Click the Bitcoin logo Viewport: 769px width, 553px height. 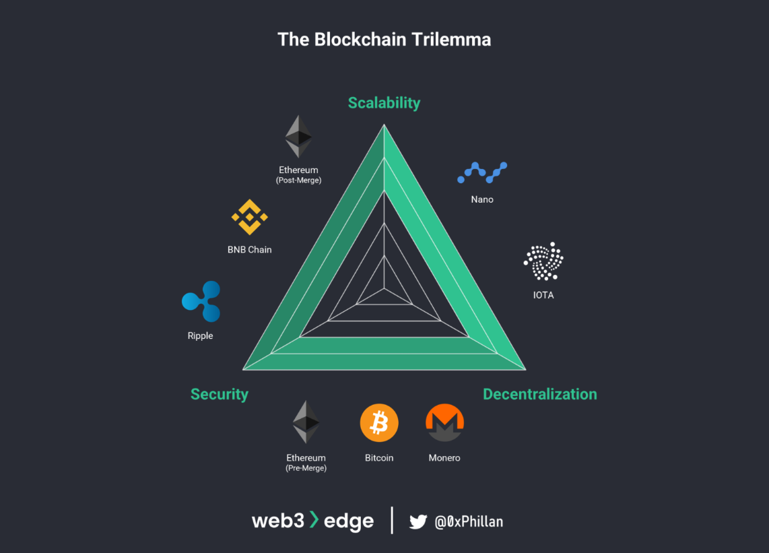pyautogui.click(x=379, y=423)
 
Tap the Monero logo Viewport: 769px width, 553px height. pyautogui.click(x=444, y=423)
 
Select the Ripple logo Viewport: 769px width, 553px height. pyautogui.click(x=201, y=301)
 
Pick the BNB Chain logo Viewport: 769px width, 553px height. pyautogui.click(x=250, y=217)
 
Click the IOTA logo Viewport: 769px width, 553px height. pyautogui.click(x=543, y=261)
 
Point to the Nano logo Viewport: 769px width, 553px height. pyautogui.click(x=482, y=172)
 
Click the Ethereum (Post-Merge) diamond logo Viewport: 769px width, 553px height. pyautogui.click(x=298, y=136)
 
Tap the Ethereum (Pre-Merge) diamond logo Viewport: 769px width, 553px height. pyautogui.click(x=306, y=422)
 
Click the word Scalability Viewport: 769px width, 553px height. pyautogui.click(x=384, y=103)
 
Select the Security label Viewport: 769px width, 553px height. pyautogui.click(x=220, y=394)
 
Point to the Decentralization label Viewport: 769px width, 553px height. pyautogui.click(x=540, y=394)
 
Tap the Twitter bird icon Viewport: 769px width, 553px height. pyautogui.click(x=418, y=521)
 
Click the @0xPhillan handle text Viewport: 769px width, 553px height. pyautogui.click(x=469, y=521)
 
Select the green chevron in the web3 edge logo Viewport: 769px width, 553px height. pyautogui.click(x=314, y=519)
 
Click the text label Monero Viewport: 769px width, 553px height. pyautogui.click(x=444, y=458)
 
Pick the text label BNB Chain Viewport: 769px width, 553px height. pyautogui.click(x=250, y=250)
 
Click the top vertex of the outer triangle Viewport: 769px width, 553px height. pyautogui.click(x=384, y=125)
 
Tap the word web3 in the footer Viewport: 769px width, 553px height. pyautogui.click(x=278, y=521)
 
